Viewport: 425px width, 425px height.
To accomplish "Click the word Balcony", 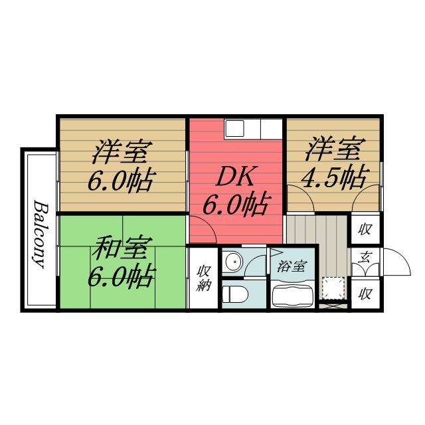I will pos(40,232).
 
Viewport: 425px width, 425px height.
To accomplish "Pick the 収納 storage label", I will pos(203,278).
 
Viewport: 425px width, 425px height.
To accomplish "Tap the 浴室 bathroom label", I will pos(293,267).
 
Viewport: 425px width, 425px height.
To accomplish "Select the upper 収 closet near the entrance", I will pos(365,230).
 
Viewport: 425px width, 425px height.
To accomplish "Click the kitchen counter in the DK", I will pos(252,127).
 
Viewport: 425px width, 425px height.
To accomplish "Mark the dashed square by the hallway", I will pos(333,288).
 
